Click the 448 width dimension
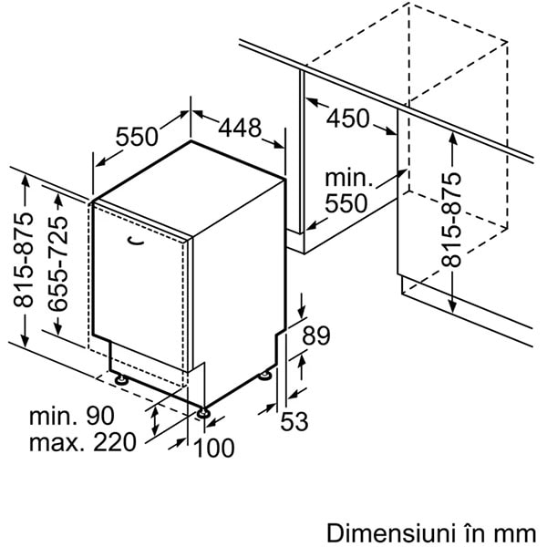click(x=240, y=128)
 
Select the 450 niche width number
click(x=348, y=118)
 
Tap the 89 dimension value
click(x=316, y=335)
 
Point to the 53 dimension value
click(x=294, y=421)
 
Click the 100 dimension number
click(x=213, y=448)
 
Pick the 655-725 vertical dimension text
click(x=58, y=263)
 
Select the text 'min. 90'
click(x=72, y=416)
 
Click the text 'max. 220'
click(x=83, y=442)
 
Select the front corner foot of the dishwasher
click(x=203, y=413)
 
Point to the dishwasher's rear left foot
click(x=121, y=379)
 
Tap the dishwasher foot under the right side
click(x=264, y=376)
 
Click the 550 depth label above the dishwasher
click(x=137, y=137)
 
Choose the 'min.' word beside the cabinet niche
click(x=349, y=178)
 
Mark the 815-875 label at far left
click(x=24, y=260)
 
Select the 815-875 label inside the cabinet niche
click(x=451, y=220)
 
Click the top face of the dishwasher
click(x=190, y=189)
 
